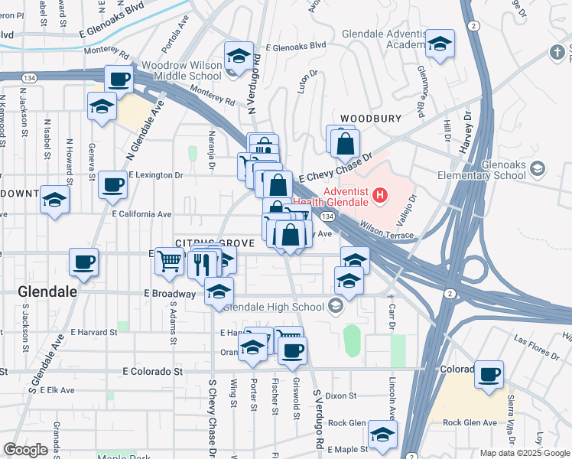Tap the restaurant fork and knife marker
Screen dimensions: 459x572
click(x=203, y=264)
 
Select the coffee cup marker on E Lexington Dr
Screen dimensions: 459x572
click(x=112, y=184)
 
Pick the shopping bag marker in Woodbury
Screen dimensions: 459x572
click(x=346, y=143)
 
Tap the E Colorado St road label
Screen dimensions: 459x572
click(x=154, y=371)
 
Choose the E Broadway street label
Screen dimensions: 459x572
click(x=172, y=294)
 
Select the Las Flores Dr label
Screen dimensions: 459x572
click(x=531, y=339)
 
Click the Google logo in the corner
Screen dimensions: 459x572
click(x=25, y=450)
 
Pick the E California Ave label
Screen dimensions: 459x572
click(x=141, y=214)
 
